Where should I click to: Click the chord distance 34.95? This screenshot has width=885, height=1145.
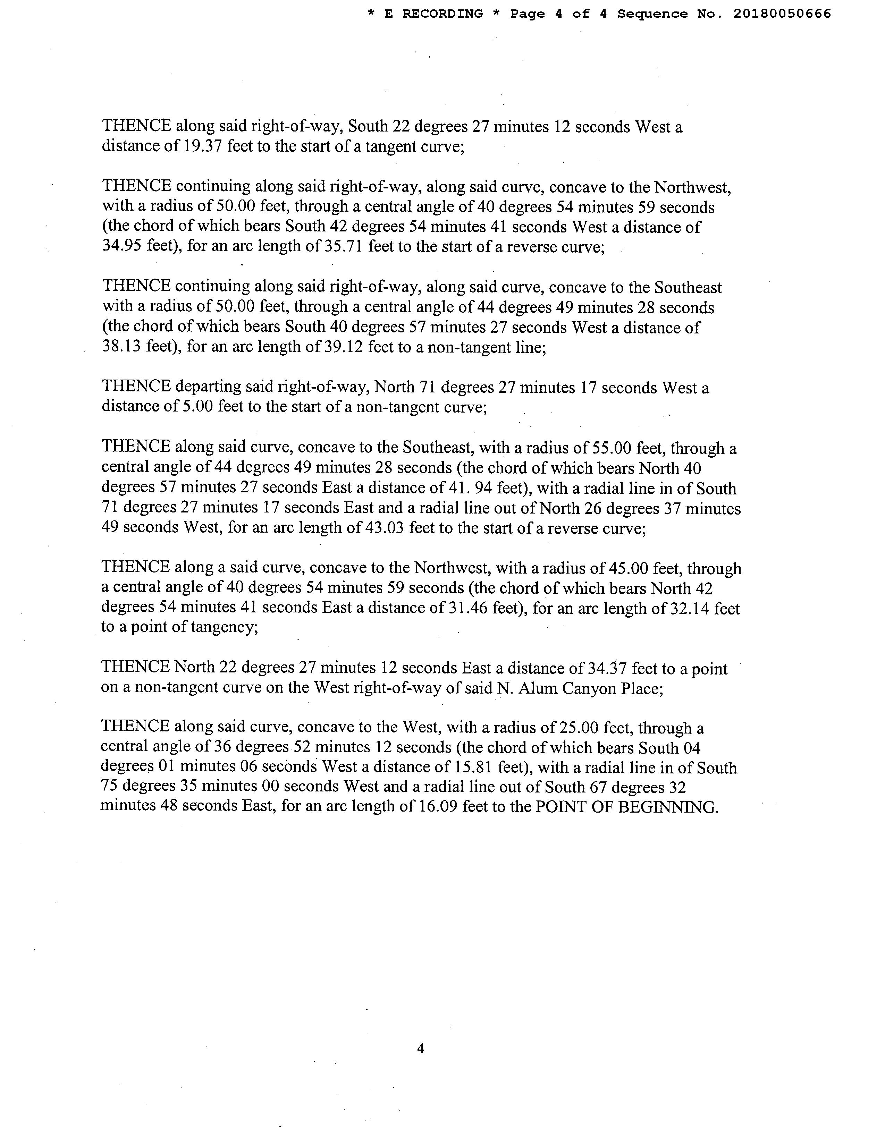tap(121, 246)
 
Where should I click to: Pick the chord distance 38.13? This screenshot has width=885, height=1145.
tap(121, 347)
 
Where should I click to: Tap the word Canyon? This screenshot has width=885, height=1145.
tap(589, 688)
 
